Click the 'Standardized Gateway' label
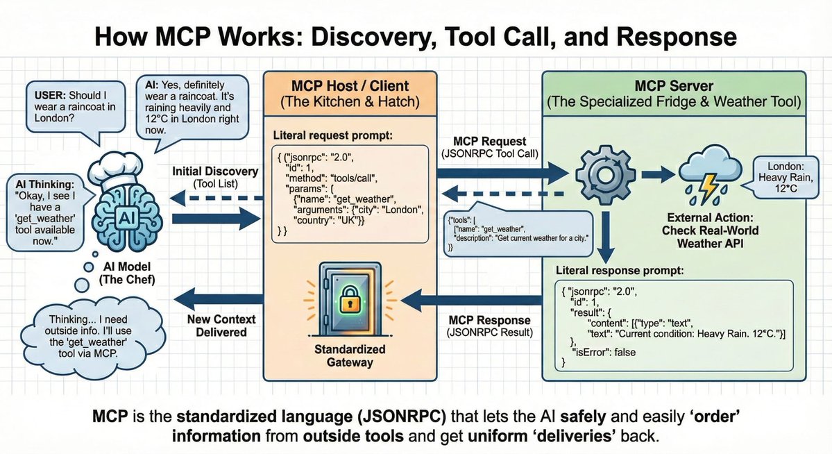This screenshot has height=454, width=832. pyautogui.click(x=350, y=355)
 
